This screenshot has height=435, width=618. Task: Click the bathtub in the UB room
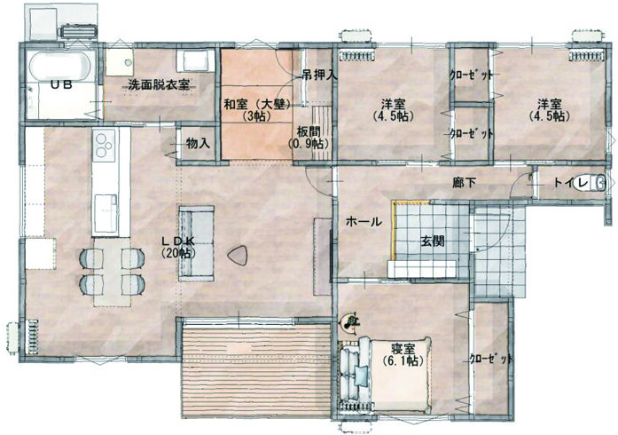pos(60,67)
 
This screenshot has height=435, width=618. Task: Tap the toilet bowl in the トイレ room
pos(590,183)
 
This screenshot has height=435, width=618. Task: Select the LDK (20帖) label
pos(178,247)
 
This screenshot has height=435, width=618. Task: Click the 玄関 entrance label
pos(433,241)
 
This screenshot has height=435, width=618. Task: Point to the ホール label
pos(364,221)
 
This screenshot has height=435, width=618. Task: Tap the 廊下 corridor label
pos(465,183)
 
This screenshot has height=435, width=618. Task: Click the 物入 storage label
pos(198,143)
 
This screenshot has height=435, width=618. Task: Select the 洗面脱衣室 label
pos(159,84)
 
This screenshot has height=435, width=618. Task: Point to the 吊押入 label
pos(320,75)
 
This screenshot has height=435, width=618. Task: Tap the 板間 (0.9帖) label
pos(309,137)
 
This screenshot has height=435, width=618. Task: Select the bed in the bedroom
pos(385,371)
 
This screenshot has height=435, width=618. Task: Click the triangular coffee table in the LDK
pos(239,256)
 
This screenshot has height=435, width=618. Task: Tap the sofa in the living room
pos(197,243)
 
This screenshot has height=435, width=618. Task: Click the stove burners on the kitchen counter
pos(105,146)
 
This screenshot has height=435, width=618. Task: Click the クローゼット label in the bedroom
pos(491,359)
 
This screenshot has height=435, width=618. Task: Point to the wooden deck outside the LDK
pos(257,371)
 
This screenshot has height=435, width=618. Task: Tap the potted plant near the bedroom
pos(349,322)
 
